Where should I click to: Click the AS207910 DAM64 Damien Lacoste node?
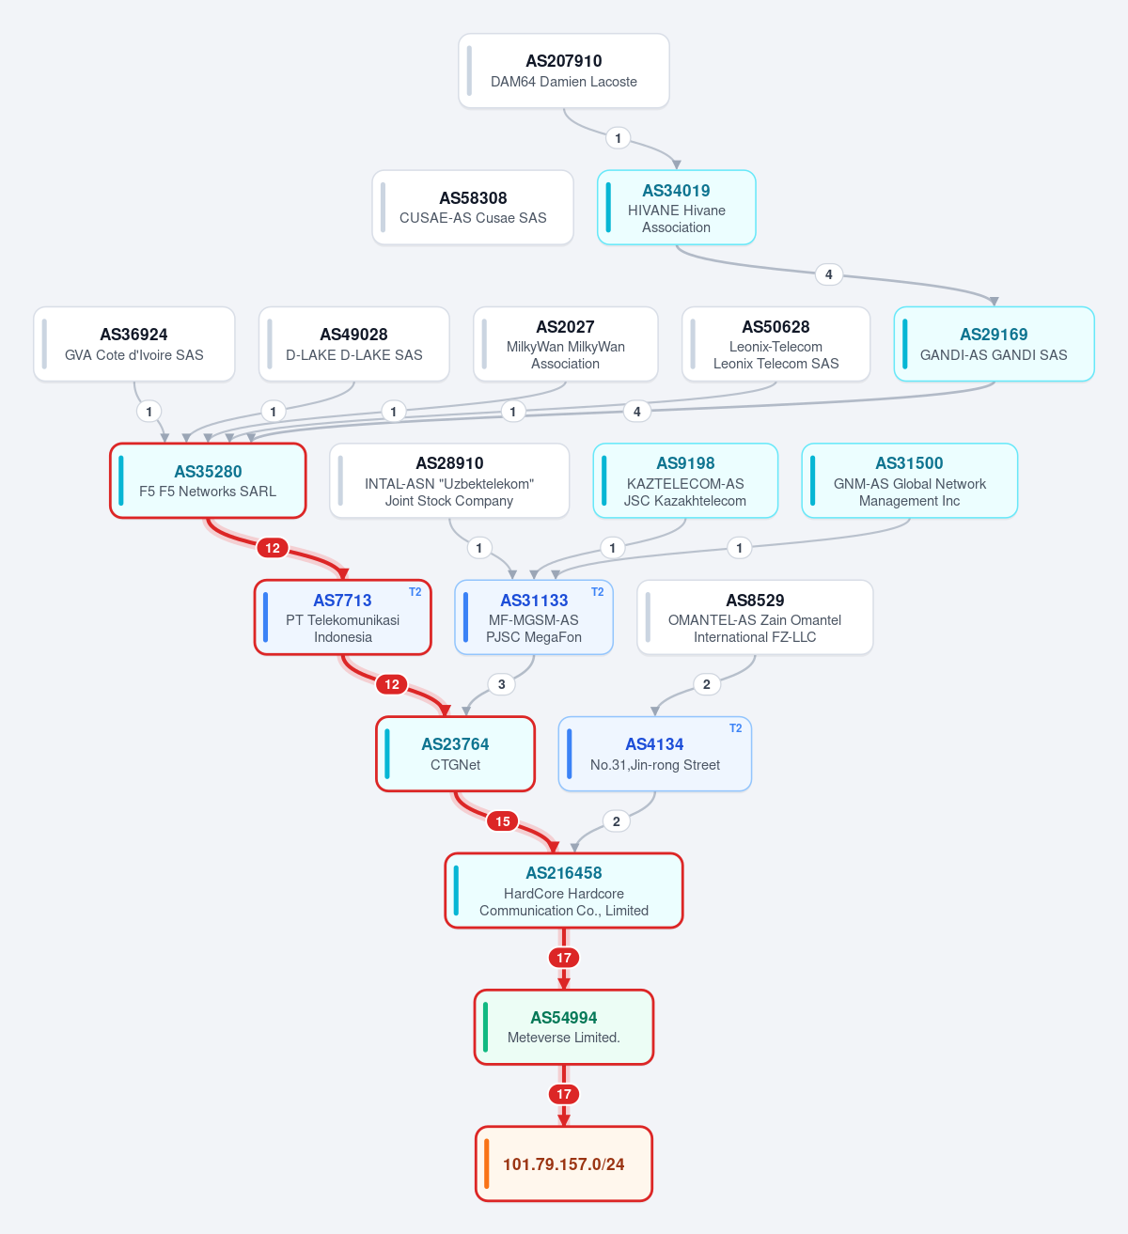(564, 70)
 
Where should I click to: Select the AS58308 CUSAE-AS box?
(473, 208)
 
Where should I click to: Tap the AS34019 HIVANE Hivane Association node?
(676, 208)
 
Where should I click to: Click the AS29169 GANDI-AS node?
(994, 344)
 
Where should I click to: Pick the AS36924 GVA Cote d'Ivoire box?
(134, 344)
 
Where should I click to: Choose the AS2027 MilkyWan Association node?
(566, 344)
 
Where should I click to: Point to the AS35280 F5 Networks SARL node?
(208, 480)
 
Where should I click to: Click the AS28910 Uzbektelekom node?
(449, 480)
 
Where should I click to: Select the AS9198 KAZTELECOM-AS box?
(685, 480)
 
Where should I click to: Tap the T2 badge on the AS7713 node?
(415, 592)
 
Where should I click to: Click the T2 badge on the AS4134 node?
(735, 728)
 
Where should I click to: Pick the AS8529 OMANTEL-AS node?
(755, 617)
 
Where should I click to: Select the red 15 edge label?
(503, 821)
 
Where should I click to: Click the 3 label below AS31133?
(502, 684)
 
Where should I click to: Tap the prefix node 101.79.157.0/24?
(564, 1164)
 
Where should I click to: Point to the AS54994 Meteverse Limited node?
(564, 1027)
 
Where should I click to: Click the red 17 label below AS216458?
(564, 958)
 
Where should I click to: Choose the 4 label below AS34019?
(829, 274)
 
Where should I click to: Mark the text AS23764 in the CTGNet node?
(455, 744)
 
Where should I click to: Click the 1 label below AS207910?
(618, 138)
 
